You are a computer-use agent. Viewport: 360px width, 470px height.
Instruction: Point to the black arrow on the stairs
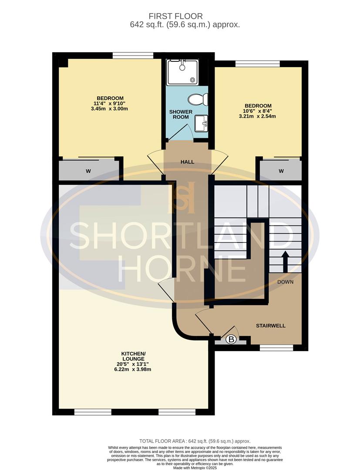pyautogui.click(x=286, y=261)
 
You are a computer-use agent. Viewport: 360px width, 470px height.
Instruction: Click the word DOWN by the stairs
pyautogui.click(x=286, y=282)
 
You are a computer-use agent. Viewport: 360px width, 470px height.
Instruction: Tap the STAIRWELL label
pyautogui.click(x=271, y=326)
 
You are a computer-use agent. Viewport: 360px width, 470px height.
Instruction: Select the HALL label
pyautogui.click(x=187, y=162)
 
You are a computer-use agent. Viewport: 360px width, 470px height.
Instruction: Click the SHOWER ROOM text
pyautogui.click(x=181, y=114)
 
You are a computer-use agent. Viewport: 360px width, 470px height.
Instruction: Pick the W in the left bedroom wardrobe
pyautogui.click(x=88, y=171)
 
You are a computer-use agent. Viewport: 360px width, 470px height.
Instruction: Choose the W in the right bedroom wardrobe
pyautogui.click(x=281, y=171)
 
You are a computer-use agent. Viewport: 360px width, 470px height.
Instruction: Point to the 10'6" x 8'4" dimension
pyautogui.click(x=258, y=111)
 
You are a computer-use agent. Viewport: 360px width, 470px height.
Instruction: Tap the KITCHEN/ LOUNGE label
pyautogui.click(x=134, y=356)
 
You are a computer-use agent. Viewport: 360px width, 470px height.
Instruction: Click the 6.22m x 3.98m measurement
pyautogui.click(x=134, y=369)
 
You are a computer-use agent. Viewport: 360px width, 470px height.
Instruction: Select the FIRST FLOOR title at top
pyautogui.click(x=185, y=17)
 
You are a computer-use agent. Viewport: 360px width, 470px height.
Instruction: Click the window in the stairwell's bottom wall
pyautogui.click(x=276, y=347)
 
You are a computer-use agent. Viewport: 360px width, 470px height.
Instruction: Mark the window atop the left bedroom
pyautogui.click(x=132, y=55)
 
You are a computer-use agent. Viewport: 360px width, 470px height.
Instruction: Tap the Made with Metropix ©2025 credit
pyautogui.click(x=195, y=467)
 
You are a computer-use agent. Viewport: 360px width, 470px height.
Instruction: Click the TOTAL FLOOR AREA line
pyautogui.click(x=195, y=441)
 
